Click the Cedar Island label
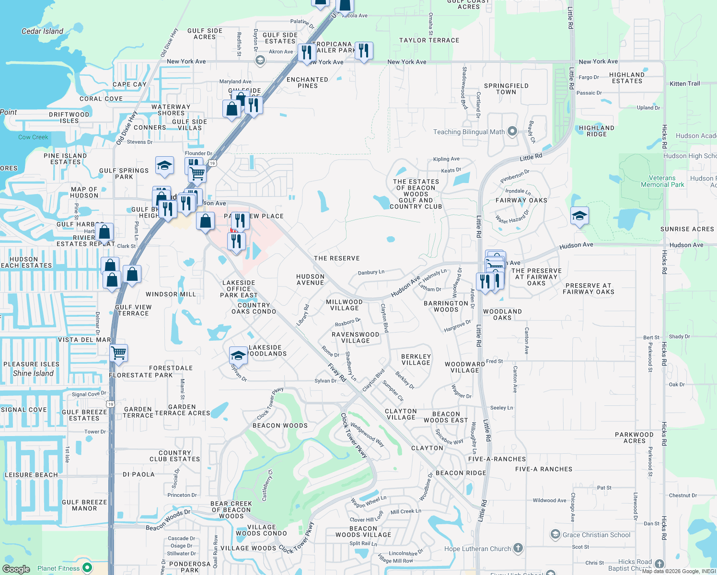click(x=42, y=31)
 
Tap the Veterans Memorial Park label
click(x=662, y=181)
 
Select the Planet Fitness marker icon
click(x=87, y=568)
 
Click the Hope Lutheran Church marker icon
click(x=518, y=548)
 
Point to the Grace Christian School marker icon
click(x=555, y=534)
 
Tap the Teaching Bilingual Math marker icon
click(x=512, y=131)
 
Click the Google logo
click(x=16, y=569)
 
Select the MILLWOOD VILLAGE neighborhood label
click(x=344, y=305)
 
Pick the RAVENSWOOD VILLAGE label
click(x=355, y=337)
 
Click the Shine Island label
click(x=33, y=373)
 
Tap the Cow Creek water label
click(x=33, y=137)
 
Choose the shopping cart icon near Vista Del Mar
click(x=118, y=353)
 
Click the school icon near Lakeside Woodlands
click(x=238, y=356)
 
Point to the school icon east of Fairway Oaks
click(x=579, y=216)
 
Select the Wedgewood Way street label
click(x=367, y=434)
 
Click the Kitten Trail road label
click(x=684, y=83)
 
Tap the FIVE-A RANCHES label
click(x=544, y=469)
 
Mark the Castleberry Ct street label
click(x=267, y=485)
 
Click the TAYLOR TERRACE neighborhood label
click(x=429, y=40)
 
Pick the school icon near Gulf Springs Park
click(x=164, y=166)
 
